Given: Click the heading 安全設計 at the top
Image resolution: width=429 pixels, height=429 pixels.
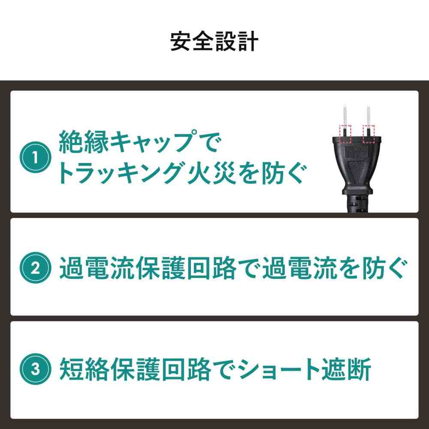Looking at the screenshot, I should (x=214, y=42).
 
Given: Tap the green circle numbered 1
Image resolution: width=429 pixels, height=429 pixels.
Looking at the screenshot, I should (x=36, y=157).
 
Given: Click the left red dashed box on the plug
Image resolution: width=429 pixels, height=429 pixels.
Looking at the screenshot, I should (x=344, y=134).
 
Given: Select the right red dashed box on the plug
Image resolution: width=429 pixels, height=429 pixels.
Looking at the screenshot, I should (x=369, y=134).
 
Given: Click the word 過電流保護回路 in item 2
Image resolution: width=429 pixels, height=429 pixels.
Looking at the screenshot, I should (x=145, y=268).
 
